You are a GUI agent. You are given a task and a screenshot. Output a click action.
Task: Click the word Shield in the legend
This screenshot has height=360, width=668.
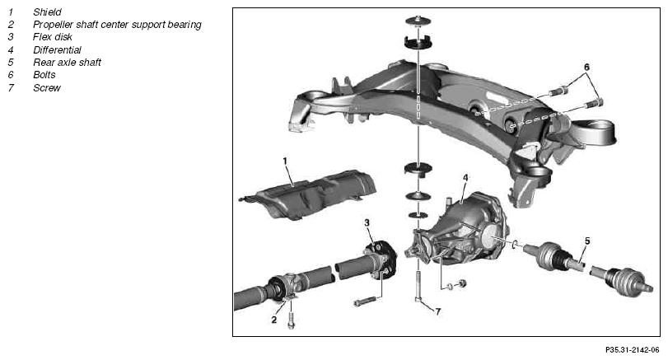(x=47, y=12)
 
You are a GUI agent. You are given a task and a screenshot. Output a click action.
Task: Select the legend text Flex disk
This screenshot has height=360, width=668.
(x=53, y=37)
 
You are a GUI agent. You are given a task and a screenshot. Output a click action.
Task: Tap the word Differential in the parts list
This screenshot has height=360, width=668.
(x=57, y=50)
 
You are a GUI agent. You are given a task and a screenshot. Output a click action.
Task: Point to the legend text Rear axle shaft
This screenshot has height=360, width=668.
(x=67, y=63)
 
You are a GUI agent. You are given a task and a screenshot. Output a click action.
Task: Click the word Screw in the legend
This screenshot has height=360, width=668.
(x=47, y=88)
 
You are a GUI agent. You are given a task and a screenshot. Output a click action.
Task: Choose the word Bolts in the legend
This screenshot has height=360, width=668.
(x=44, y=75)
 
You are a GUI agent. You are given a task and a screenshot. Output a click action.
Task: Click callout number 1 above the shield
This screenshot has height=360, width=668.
(x=285, y=161)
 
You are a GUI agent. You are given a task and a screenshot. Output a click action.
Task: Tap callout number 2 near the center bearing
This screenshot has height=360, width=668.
(x=274, y=320)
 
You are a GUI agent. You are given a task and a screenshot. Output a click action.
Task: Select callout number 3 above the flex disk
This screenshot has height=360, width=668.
(x=367, y=222)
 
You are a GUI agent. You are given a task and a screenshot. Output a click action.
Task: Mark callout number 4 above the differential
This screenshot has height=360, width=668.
(x=465, y=178)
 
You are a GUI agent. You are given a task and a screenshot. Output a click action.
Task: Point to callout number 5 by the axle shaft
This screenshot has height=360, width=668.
(x=587, y=241)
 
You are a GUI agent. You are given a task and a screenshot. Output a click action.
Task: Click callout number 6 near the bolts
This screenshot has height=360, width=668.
(x=586, y=68)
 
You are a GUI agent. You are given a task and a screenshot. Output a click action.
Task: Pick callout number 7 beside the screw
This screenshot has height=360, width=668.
(x=438, y=312)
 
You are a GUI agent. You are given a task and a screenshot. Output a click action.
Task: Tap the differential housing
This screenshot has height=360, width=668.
(x=458, y=230)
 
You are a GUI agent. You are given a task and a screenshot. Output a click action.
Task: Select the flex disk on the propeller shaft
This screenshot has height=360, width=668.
(x=380, y=259)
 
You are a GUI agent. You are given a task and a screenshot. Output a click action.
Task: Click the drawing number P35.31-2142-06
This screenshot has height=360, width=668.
(x=633, y=350)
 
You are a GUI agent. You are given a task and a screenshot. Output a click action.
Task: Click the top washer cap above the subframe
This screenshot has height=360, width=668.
(x=418, y=21)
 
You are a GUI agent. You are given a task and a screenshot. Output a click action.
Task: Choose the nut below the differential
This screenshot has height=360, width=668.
(x=460, y=283)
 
